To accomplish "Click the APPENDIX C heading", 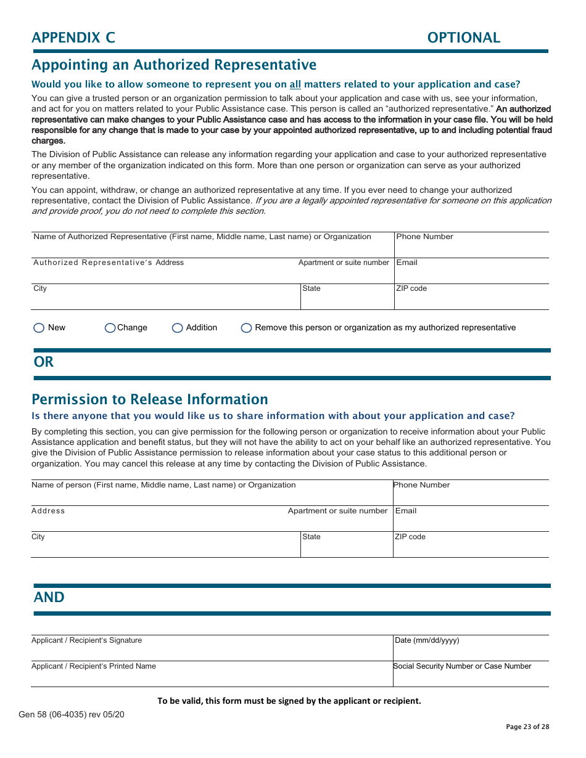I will click(x=73, y=38).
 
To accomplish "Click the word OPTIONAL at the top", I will click(x=463, y=38).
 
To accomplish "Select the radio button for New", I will click(x=39, y=328).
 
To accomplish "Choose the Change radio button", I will click(x=110, y=328).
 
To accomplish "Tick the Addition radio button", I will click(x=178, y=328).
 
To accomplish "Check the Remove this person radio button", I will click(x=246, y=328).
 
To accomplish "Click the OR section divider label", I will click(x=44, y=362).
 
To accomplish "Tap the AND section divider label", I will click(x=49, y=597).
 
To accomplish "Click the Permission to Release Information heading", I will click(x=150, y=399).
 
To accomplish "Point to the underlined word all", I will click(x=295, y=84).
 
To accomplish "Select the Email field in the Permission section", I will click(x=471, y=521).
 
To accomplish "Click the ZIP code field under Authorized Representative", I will click(x=471, y=300).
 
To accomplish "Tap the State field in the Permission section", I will click(x=347, y=548).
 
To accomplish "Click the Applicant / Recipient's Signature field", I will click(x=212, y=651).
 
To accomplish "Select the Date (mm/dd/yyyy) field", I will click(x=471, y=651).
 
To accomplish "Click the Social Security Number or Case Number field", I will click(x=471, y=677).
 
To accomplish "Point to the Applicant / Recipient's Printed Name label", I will click(x=94, y=666).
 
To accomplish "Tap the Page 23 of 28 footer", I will click(x=527, y=727).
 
